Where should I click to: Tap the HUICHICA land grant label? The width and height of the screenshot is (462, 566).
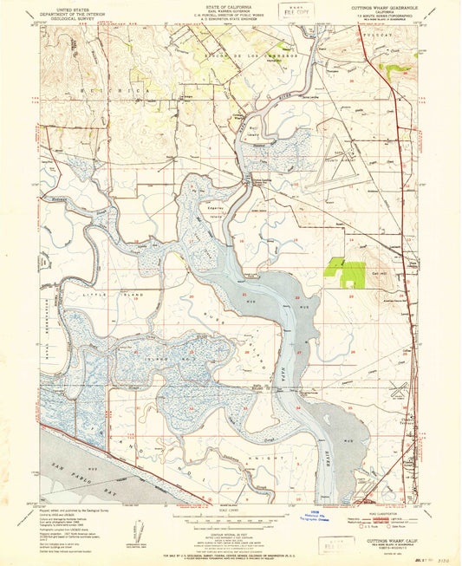coord(87,90)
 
